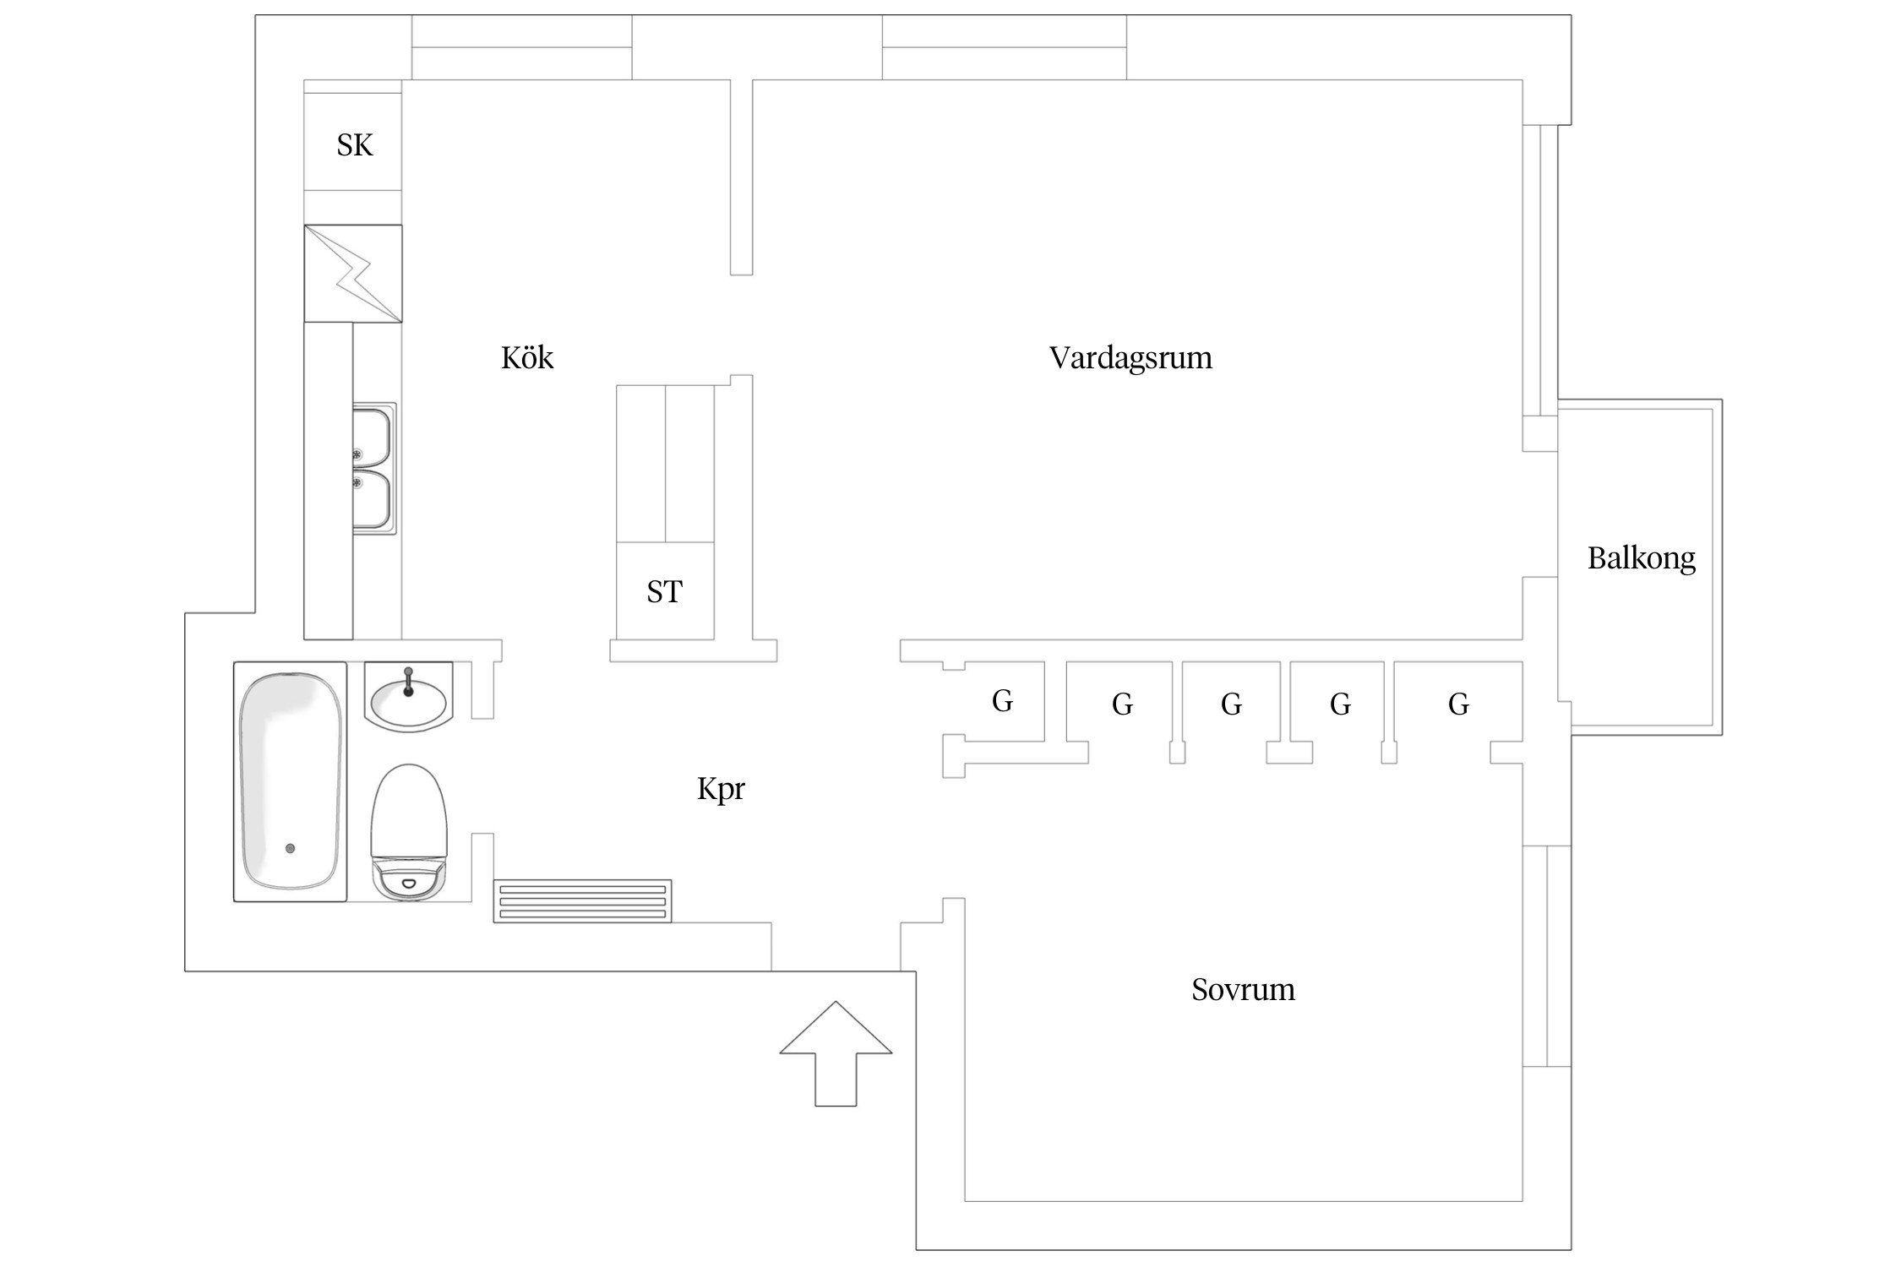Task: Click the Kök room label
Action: (x=527, y=358)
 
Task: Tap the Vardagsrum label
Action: (x=1130, y=358)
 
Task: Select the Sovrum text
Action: (x=1243, y=989)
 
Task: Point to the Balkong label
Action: (x=1641, y=558)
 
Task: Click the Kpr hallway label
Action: (x=721, y=789)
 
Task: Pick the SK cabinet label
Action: (x=354, y=145)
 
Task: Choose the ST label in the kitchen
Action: (x=664, y=592)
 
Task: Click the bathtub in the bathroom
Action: (x=290, y=780)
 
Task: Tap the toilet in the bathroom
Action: (x=409, y=832)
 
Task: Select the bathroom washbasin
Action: (x=409, y=698)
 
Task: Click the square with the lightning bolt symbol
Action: (x=353, y=273)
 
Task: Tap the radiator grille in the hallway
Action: (x=583, y=900)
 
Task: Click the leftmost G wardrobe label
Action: (x=1002, y=701)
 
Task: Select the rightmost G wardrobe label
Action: (x=1458, y=704)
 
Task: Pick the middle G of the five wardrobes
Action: (x=1231, y=704)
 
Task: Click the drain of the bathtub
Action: (x=290, y=848)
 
